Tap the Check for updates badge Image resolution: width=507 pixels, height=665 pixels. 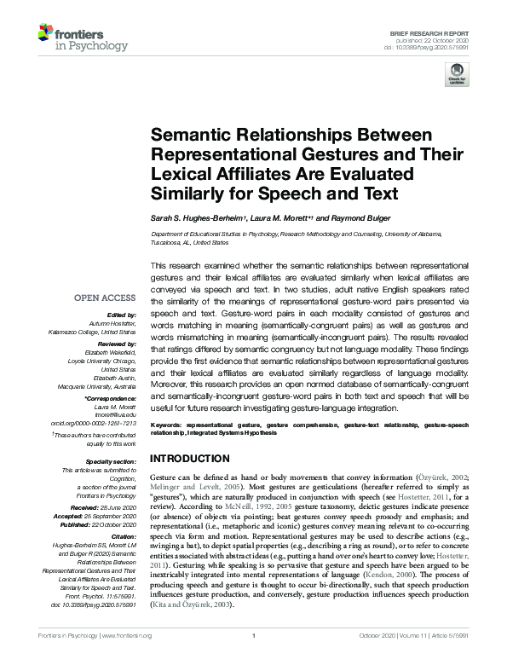pyautogui.click(x=456, y=74)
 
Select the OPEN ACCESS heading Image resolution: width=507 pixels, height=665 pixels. pyautogui.click(x=104, y=298)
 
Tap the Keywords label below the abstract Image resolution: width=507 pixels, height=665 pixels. pyautogui.click(x=168, y=424)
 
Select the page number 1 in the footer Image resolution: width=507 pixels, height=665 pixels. pyautogui.click(x=253, y=658)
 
